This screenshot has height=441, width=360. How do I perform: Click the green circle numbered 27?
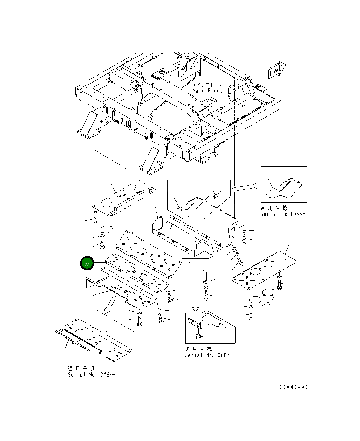(87, 264)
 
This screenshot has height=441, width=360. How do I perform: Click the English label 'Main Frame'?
(207, 91)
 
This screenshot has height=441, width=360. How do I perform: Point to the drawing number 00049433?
(294, 387)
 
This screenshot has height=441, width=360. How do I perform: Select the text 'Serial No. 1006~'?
(91, 375)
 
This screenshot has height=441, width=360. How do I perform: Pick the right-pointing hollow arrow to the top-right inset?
(245, 187)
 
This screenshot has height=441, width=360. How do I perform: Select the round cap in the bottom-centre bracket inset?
(197, 337)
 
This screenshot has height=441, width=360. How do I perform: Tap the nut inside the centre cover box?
(216, 196)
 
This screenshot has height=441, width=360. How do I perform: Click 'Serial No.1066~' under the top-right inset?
(284, 214)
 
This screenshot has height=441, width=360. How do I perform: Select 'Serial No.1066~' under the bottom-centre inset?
(208, 355)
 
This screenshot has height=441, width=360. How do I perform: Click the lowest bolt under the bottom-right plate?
(250, 315)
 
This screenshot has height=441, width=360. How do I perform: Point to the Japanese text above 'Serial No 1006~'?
(81, 369)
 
